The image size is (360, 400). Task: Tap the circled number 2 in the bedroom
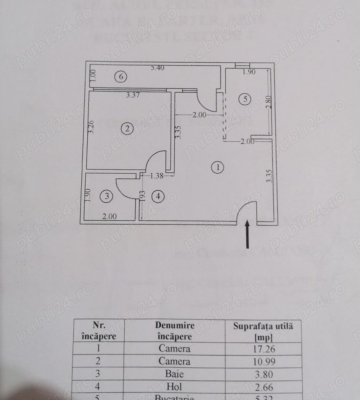point(127,129)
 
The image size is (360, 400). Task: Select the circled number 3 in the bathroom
point(107,196)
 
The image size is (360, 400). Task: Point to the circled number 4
point(158,196)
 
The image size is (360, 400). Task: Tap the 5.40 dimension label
point(157,68)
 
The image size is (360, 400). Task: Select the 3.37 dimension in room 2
point(133,95)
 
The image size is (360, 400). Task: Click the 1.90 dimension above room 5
point(249,72)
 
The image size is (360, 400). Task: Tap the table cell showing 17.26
point(263,349)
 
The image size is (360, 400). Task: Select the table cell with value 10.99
point(263,361)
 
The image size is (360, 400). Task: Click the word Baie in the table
point(175,374)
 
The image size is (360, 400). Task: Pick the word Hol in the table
point(175,387)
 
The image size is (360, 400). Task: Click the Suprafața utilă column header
point(263,331)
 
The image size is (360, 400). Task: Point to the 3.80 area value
point(263,374)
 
